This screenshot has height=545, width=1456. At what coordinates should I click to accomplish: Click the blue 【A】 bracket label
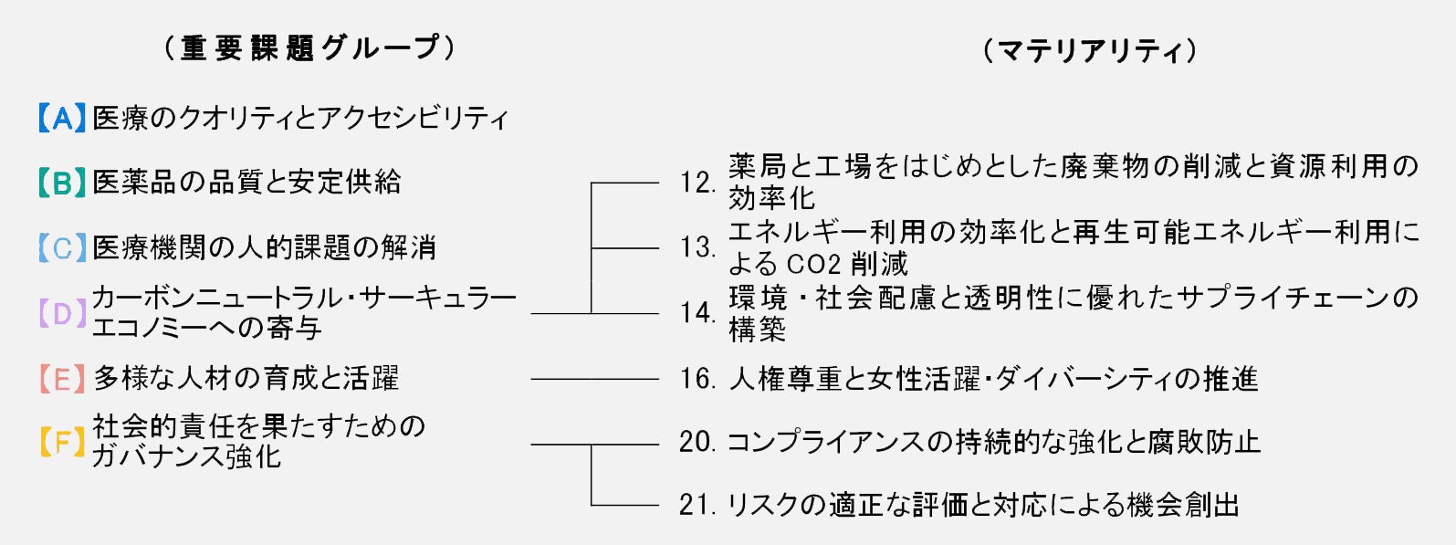pos(62,118)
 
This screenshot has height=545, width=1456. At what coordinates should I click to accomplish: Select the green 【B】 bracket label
pos(62,183)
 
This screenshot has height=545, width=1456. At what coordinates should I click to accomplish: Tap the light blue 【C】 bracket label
pos(62,247)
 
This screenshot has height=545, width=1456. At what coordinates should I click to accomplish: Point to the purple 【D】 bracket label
pos(62,313)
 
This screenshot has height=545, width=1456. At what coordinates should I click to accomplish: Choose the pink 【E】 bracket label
pos(62,378)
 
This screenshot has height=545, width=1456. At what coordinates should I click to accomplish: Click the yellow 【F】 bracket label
pos(62,443)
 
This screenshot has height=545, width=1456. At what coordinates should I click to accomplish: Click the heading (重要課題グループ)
pos(309,47)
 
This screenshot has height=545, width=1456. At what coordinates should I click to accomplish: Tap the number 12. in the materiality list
pos(697,183)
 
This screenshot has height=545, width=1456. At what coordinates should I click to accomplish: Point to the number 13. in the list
pos(697,247)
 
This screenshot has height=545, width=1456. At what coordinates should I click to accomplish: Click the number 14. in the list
pos(697,313)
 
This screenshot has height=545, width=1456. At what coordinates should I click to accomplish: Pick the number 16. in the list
pos(697,378)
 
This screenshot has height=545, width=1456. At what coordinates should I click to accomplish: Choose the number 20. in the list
pos(697,443)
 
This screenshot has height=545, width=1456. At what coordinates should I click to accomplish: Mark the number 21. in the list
pos(697,505)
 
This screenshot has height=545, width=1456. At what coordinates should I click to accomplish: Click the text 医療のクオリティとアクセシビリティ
pos(300,118)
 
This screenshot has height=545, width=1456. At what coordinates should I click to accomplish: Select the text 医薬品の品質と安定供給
pos(246,183)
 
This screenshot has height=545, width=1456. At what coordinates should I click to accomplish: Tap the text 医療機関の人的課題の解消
pos(265,247)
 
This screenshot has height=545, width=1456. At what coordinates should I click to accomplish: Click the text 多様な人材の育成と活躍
pos(246,378)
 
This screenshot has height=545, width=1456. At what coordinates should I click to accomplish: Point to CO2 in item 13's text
pos(812,264)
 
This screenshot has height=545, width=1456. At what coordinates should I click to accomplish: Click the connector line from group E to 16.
pos(594,378)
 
